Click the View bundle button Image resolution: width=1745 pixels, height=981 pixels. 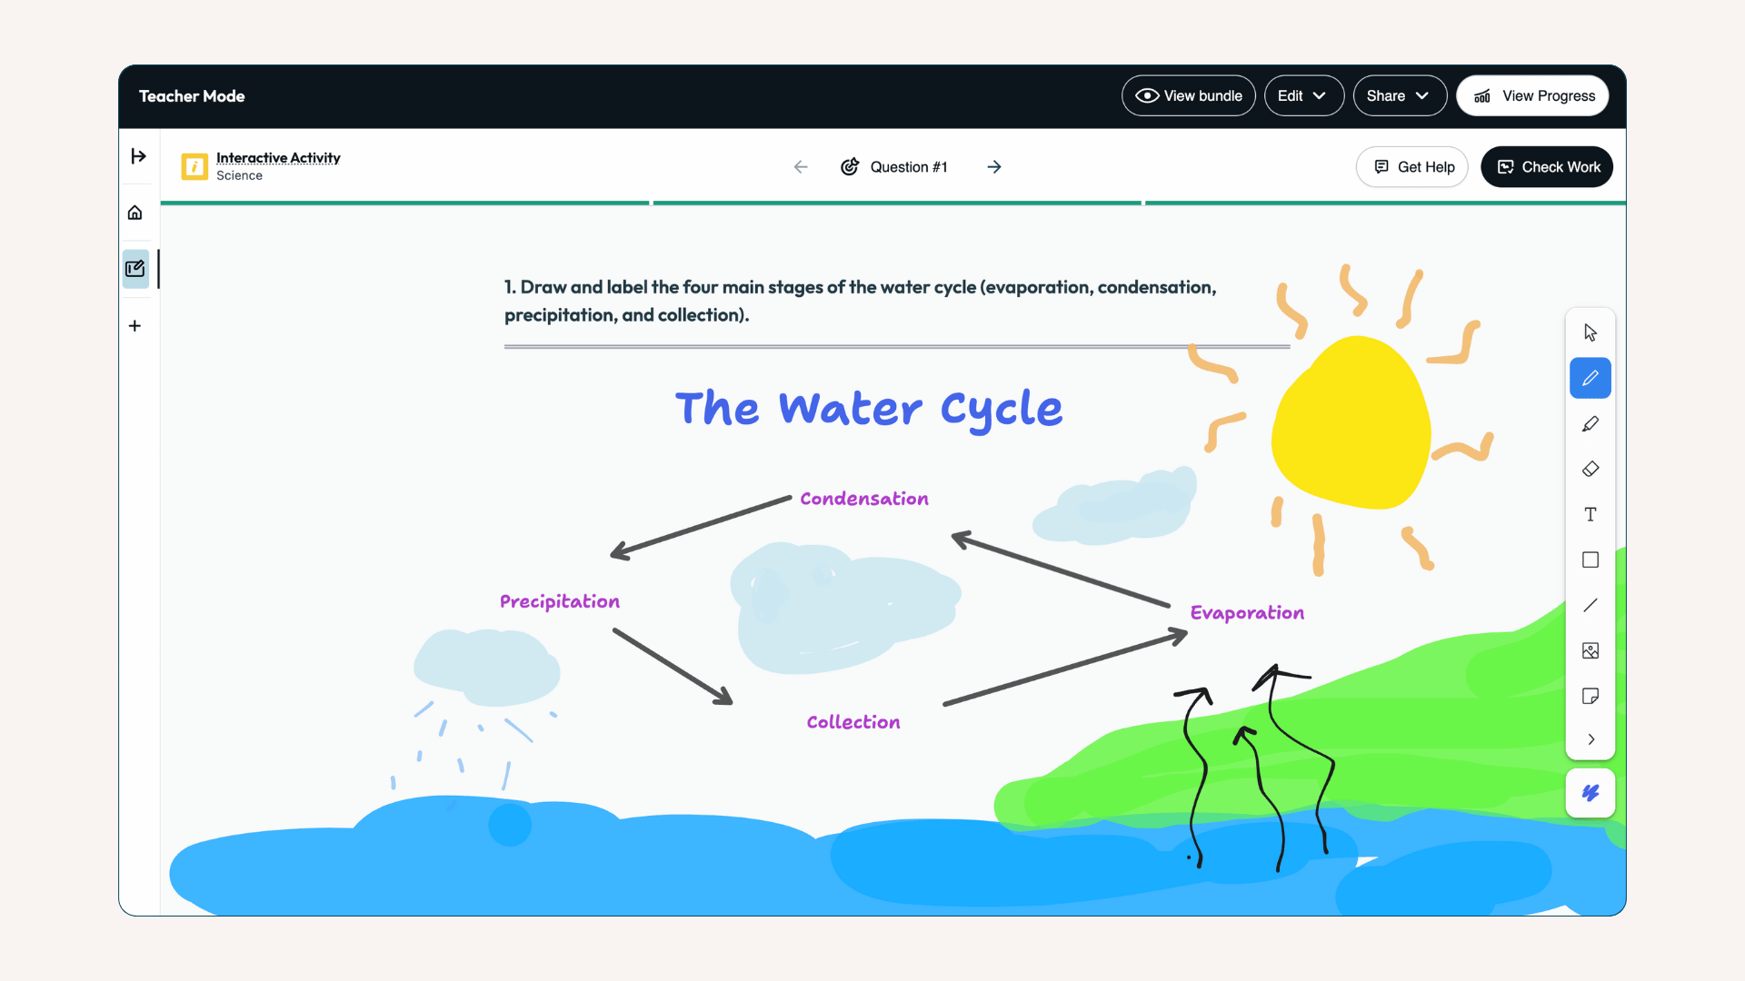pyautogui.click(x=1188, y=95)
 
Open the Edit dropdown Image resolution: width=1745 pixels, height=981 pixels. pyautogui.click(x=1303, y=95)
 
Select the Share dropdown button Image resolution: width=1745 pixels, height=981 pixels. pyautogui.click(x=1399, y=95)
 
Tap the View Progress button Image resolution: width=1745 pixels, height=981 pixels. pyautogui.click(x=1532, y=95)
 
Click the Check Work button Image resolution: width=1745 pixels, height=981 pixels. pyautogui.click(x=1547, y=167)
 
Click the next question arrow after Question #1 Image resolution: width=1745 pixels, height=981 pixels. pyautogui.click(x=994, y=167)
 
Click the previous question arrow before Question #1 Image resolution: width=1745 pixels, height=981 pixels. pyautogui.click(x=801, y=167)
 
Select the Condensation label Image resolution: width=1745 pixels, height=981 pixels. pyautogui.click(x=864, y=499)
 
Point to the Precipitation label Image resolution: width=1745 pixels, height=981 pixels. pyautogui.click(x=560, y=601)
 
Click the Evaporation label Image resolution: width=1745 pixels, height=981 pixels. pyautogui.click(x=1247, y=613)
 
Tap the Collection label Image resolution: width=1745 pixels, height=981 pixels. pyautogui.click(x=853, y=722)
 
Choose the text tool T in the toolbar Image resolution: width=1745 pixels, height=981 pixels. pyautogui.click(x=1590, y=514)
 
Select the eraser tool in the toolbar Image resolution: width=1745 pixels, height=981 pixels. pyautogui.click(x=1590, y=469)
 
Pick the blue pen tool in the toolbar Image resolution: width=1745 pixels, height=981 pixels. pyautogui.click(x=1590, y=378)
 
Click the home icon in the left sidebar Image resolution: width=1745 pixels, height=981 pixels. pyautogui.click(x=135, y=213)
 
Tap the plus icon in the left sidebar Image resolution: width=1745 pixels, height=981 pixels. pyautogui.click(x=135, y=325)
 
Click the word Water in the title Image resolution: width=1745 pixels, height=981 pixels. pyautogui.click(x=850, y=409)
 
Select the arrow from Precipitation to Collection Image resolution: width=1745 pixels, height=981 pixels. pyautogui.click(x=673, y=667)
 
